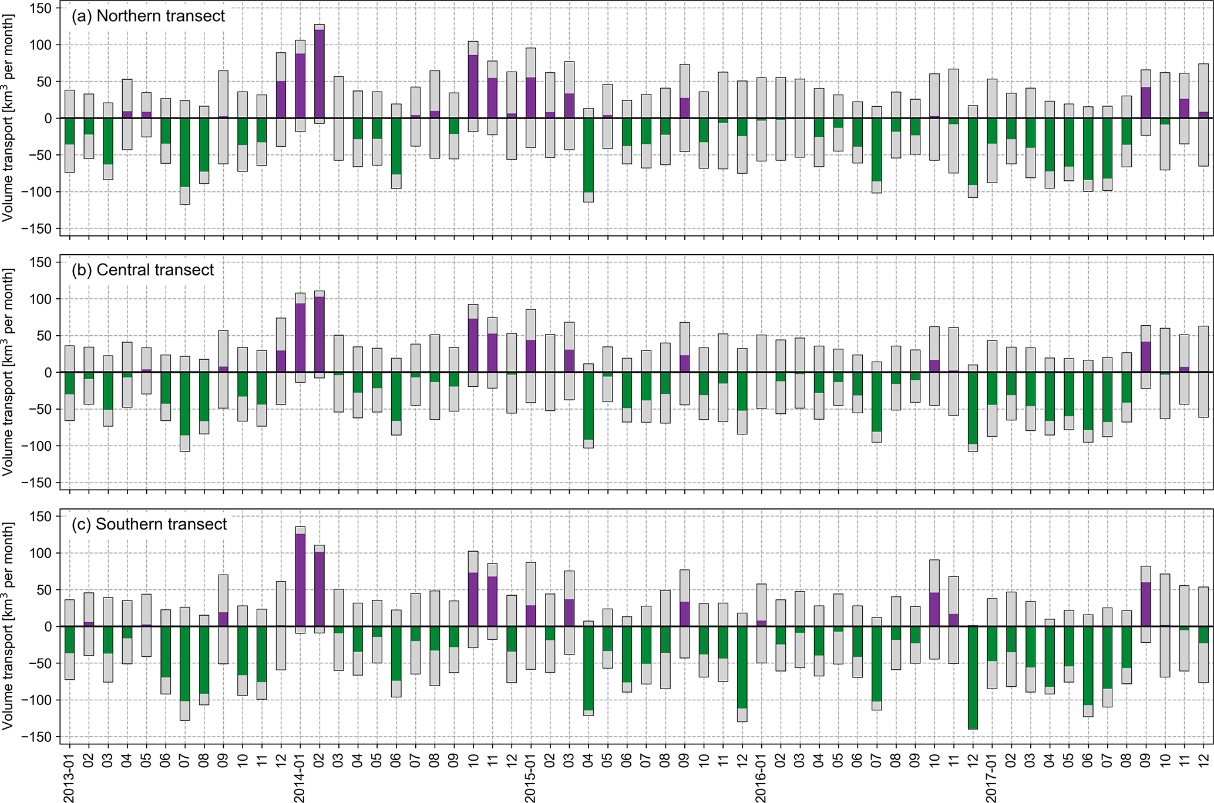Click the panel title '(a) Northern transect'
pyautogui.click(x=148, y=16)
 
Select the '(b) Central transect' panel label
pyautogui.click(x=143, y=270)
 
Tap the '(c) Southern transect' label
pyautogui.click(x=149, y=524)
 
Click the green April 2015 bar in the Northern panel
pyautogui.click(x=588, y=155)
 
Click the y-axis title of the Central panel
pyautogui.click(x=8, y=373)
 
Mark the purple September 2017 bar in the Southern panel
pyautogui.click(x=1145, y=605)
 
